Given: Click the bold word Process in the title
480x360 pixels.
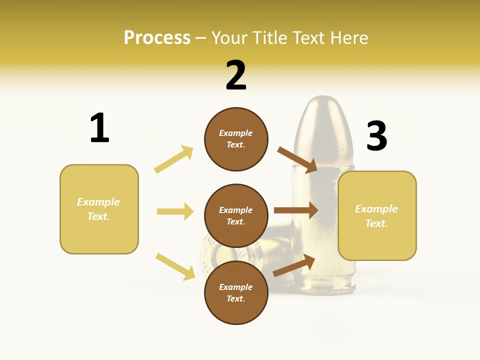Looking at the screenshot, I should (x=157, y=38).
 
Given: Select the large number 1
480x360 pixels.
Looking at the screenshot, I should (x=99, y=128).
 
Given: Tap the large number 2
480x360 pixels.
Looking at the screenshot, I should (x=236, y=75).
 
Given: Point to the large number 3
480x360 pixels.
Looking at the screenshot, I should (x=376, y=136).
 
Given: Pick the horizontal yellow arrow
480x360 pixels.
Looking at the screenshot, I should (x=175, y=211).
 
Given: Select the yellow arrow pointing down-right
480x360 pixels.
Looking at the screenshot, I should (x=175, y=266).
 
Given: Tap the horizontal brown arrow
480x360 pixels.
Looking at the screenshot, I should (x=295, y=210).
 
